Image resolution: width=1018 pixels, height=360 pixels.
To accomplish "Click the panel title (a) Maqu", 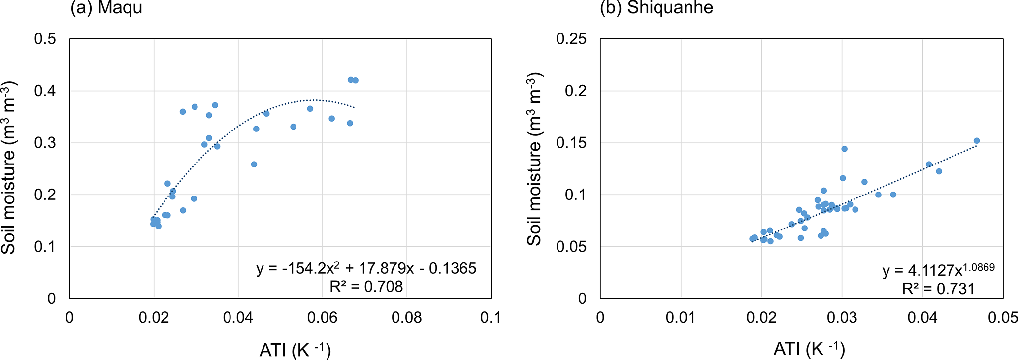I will pos(106,8).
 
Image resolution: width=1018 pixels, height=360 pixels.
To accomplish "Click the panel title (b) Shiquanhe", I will pos(656,8).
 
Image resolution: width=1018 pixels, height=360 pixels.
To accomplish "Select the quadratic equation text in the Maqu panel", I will pos(366,268).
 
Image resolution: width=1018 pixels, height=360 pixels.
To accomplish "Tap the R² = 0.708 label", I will pos(366,286).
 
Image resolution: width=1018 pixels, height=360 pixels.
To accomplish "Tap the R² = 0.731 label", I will pos(938,289).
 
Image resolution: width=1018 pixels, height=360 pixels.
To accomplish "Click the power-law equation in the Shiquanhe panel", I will pos(938,270).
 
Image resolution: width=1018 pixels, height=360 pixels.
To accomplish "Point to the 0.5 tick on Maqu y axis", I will pos(45,39).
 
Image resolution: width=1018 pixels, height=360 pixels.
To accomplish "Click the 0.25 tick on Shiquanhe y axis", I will pos(571,39).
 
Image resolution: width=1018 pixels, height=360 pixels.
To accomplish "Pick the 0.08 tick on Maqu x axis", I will pos(407,318).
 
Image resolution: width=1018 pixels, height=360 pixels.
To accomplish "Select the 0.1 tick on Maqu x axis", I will pos(491,318).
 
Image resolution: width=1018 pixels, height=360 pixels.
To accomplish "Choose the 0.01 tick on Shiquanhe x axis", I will pos(681,318).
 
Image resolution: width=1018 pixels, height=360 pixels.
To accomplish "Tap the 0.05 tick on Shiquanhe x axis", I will pos(1003,318).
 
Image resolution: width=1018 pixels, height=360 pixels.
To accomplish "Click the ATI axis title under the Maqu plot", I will pos(295,350).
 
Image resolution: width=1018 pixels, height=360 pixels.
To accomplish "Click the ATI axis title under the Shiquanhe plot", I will pos(809,349).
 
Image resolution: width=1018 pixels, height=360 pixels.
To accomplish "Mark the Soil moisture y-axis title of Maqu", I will pos(9,167).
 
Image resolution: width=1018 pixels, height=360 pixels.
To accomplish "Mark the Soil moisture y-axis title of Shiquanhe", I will pos(535,159).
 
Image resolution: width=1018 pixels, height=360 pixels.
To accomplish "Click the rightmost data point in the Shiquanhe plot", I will pos(977,141).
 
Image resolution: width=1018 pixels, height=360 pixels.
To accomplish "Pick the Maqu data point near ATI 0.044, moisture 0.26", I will pos(254,164).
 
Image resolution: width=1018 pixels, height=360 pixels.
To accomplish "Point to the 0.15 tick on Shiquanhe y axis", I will pos(571,143).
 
